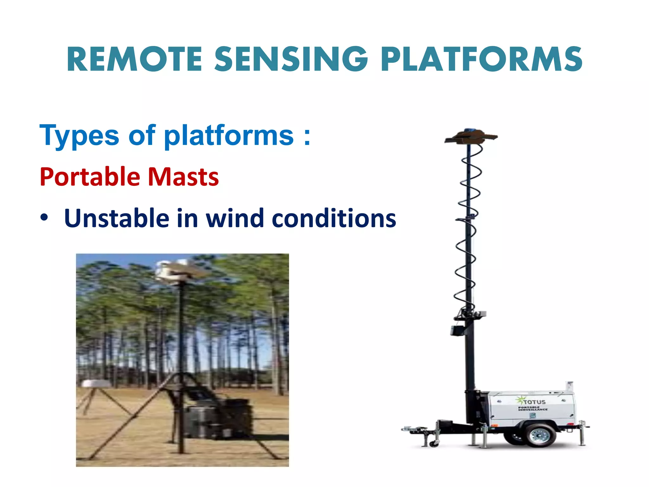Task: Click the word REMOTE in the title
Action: coord(134,59)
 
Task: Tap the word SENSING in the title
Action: coord(291,59)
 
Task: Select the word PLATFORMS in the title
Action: coord(481,59)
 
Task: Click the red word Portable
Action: coord(90,177)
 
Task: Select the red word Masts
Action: coord(183,177)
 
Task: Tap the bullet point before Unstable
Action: coord(44,218)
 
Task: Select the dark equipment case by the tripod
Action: coord(219,419)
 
